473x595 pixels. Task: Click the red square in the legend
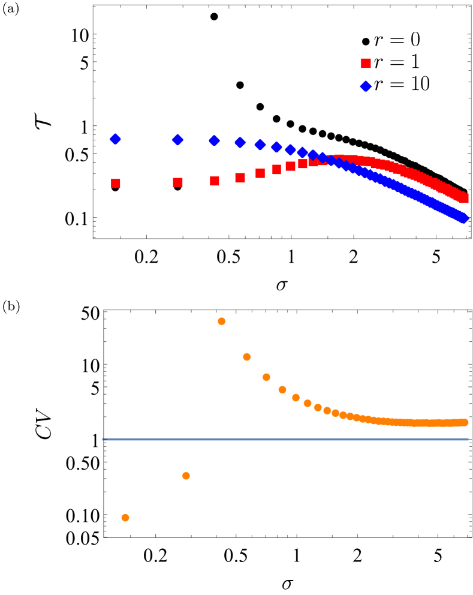point(366,64)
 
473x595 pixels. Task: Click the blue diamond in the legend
point(366,86)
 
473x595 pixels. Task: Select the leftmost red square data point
point(116,184)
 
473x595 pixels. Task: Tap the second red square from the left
point(178,182)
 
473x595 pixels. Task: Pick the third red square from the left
point(215,181)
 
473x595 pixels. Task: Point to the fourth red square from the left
point(240,178)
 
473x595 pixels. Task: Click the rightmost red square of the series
point(464,199)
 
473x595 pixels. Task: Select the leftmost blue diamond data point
point(116,139)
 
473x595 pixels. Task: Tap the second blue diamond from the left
point(178,140)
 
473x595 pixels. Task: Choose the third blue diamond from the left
point(215,140)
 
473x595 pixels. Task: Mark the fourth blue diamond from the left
point(240,142)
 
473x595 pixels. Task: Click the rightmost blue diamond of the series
point(463,218)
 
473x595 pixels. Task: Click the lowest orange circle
point(125,518)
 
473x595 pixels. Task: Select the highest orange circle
point(222,321)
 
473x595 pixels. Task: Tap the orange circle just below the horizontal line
point(186,476)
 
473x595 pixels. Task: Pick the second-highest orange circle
point(247,357)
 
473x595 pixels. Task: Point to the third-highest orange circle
point(266,377)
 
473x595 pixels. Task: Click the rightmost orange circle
point(465,422)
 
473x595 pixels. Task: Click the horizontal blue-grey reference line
point(285,439)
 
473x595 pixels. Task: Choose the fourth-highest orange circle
point(282,390)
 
